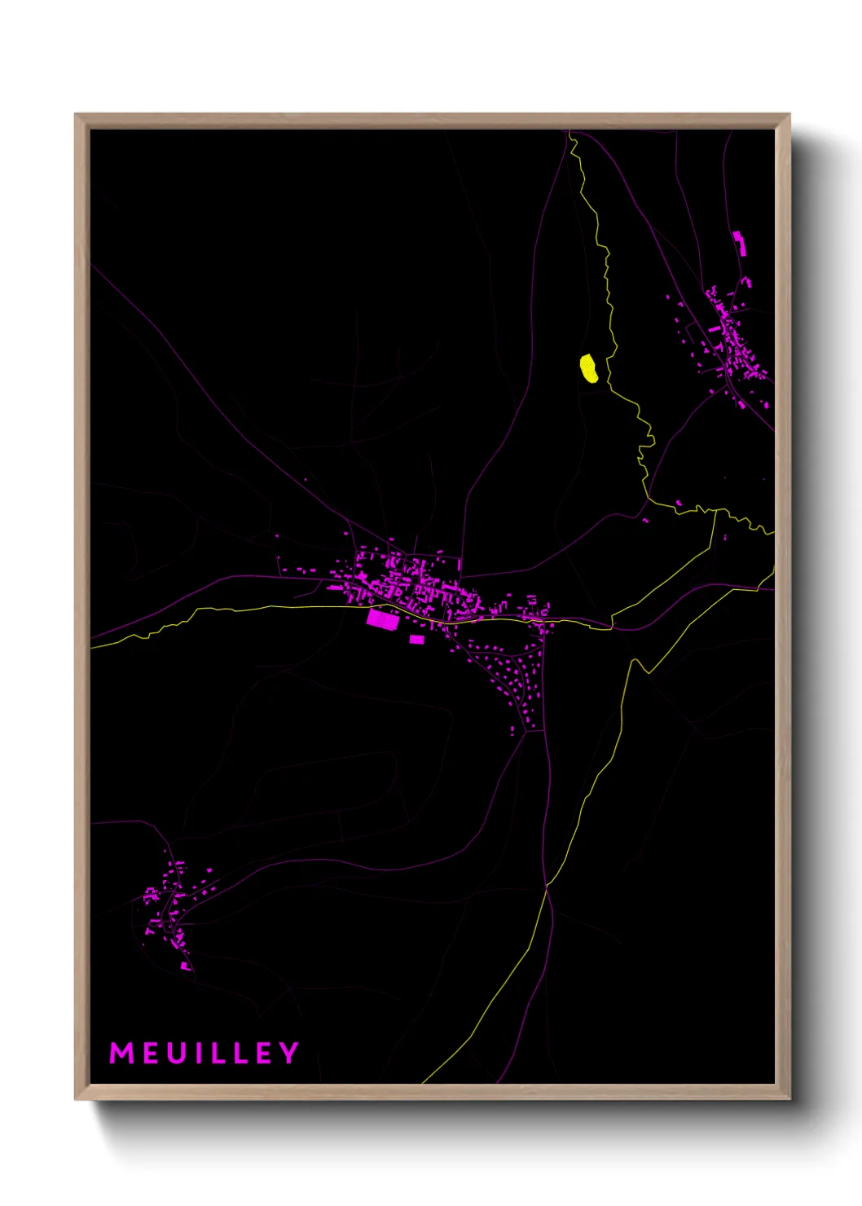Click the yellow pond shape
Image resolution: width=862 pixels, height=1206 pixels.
click(x=589, y=368)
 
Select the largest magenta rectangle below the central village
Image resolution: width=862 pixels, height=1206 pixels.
click(x=382, y=619)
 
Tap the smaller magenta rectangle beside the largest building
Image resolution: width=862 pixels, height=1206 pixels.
click(x=416, y=640)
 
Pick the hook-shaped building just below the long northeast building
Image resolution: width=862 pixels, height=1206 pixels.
click(x=745, y=282)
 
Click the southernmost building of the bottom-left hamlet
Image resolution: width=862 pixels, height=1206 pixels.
click(x=186, y=966)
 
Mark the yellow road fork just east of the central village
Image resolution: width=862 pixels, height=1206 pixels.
click(x=612, y=627)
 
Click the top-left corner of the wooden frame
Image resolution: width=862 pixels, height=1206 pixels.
click(x=76, y=115)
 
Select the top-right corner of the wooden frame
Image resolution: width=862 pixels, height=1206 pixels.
click(x=789, y=115)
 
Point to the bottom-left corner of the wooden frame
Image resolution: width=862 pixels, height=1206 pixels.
click(x=76, y=1098)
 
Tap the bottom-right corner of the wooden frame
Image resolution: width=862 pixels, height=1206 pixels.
click(x=789, y=1098)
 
